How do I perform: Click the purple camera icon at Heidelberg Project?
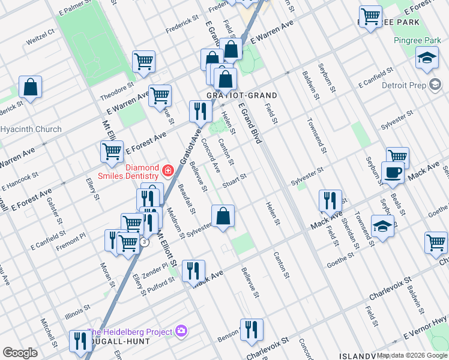[x=182, y=331]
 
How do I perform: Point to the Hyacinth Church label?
[x=31, y=129]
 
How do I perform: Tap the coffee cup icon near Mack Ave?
[x=393, y=173]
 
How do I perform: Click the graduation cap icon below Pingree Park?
[x=427, y=59]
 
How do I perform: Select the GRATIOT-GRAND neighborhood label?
[x=242, y=95]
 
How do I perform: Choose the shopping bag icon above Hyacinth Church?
[x=30, y=88]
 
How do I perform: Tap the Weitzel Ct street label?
[x=40, y=43]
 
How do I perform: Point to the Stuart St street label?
[x=234, y=180]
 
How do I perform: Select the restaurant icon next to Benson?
[x=252, y=329]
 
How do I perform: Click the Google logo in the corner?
[x=20, y=353]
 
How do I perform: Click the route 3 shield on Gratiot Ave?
[x=144, y=242]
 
